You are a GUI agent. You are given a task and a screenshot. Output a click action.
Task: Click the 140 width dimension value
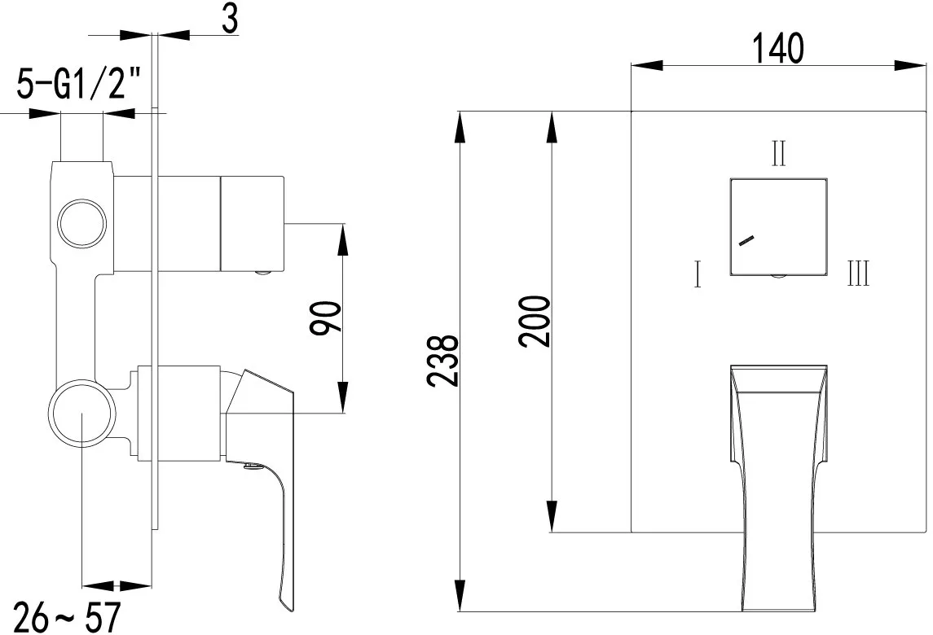tap(778, 48)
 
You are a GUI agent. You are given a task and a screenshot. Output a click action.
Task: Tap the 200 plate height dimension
tap(535, 321)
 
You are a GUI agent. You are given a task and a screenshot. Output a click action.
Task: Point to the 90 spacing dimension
tap(327, 318)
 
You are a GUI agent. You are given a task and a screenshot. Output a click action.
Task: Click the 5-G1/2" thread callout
tap(79, 82)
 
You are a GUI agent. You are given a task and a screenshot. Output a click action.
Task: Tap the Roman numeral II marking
tap(778, 153)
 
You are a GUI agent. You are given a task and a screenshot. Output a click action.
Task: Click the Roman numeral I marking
tap(698, 274)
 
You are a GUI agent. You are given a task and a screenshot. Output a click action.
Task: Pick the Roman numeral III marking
tap(858, 274)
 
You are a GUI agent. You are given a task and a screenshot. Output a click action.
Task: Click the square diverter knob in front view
tap(778, 226)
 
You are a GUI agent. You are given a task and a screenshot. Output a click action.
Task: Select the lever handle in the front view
tap(778, 488)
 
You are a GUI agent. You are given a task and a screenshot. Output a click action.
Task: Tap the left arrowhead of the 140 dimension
tap(647, 65)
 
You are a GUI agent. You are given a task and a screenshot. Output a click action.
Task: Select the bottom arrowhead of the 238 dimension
tap(460, 595)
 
